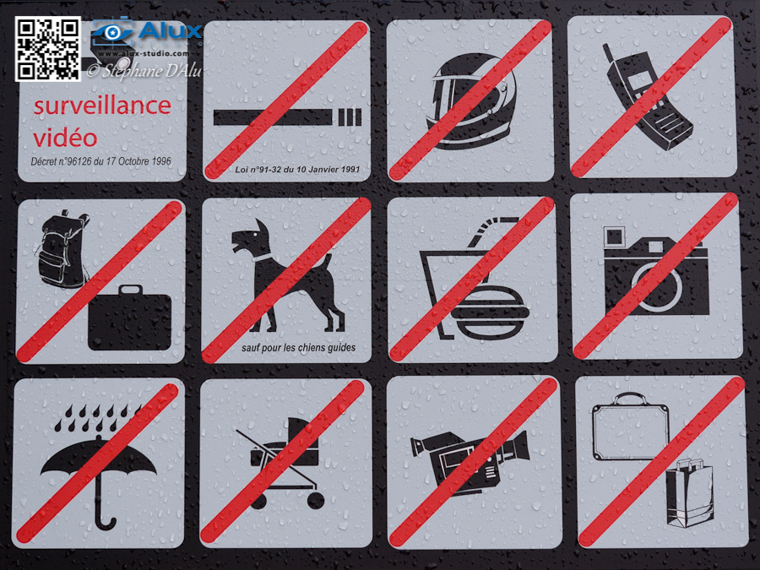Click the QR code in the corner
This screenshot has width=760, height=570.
point(47,48)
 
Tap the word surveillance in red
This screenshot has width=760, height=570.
point(102,106)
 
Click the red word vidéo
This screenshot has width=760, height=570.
point(65,137)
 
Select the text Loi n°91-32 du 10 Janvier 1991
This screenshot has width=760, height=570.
point(297,169)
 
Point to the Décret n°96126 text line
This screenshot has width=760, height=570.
point(100,161)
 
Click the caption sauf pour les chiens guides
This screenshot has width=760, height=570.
point(298,348)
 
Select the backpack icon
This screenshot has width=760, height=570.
point(62,249)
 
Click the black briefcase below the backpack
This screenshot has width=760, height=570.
point(129,318)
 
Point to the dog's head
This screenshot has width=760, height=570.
point(251,237)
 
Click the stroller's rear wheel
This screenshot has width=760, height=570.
point(316,501)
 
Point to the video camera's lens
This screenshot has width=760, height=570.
point(522,446)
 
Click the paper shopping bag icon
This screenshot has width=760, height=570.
point(690,493)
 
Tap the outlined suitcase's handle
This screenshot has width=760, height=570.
point(631,399)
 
